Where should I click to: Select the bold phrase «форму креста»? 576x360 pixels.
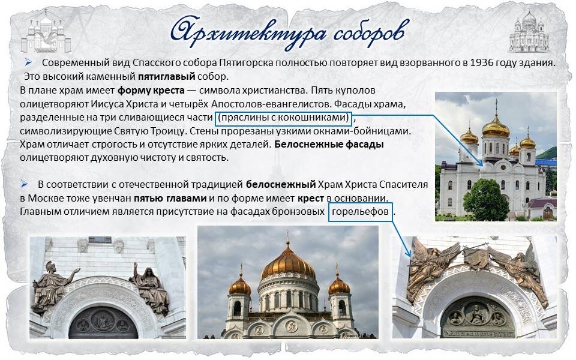coord(146,91)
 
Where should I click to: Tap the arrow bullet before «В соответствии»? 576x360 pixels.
coord(24,184)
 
